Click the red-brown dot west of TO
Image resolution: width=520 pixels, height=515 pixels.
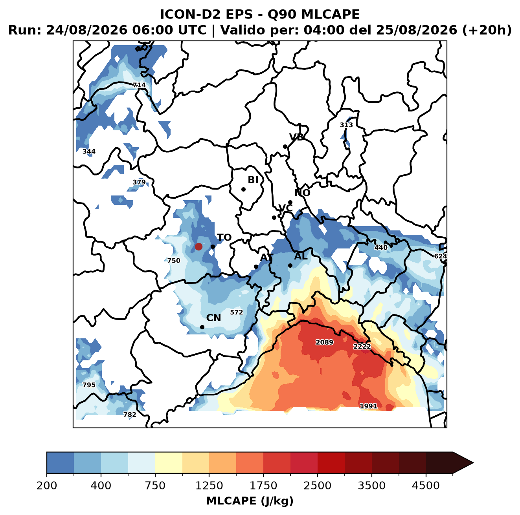click(198, 247)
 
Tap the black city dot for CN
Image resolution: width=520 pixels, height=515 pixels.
click(202, 327)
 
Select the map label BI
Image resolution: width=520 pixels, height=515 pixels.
click(253, 180)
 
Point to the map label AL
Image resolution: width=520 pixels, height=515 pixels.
click(301, 256)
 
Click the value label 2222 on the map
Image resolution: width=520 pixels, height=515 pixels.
click(362, 347)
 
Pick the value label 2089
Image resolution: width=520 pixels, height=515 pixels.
click(324, 342)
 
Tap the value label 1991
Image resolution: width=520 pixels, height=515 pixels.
click(368, 406)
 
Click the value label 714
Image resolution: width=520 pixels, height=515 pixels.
click(139, 85)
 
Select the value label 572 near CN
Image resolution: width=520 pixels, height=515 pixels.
click(236, 312)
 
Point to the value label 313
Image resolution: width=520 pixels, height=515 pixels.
click(346, 125)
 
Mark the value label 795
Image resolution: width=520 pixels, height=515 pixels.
click(89, 385)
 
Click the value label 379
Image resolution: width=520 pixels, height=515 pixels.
click(139, 182)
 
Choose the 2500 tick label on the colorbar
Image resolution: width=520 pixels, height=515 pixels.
click(317, 485)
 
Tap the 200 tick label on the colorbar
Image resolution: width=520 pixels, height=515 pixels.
click(47, 485)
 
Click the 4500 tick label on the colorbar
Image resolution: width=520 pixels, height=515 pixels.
click(426, 485)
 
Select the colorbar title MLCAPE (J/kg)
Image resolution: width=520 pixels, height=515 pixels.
click(250, 501)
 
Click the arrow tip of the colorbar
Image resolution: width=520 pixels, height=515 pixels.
click(473, 463)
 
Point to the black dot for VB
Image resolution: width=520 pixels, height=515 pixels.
click(285, 146)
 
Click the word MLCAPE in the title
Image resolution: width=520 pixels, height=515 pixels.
click(330, 14)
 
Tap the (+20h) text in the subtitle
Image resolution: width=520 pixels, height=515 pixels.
click(487, 30)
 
